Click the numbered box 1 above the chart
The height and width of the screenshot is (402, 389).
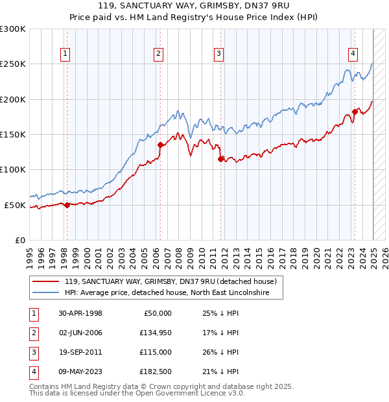pyautogui.click(x=66, y=54)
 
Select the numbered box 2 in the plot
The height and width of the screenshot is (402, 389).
pyautogui.click(x=159, y=54)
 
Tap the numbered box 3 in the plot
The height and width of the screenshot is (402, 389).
pyautogui.click(x=219, y=54)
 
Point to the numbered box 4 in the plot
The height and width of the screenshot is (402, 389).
pyautogui.click(x=353, y=54)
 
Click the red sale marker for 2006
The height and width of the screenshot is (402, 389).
pyautogui.click(x=159, y=145)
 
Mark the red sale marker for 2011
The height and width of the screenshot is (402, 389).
pyautogui.click(x=221, y=159)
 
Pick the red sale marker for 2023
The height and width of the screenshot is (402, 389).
pyautogui.click(x=355, y=112)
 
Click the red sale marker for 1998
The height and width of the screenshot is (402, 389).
pyautogui.click(x=67, y=205)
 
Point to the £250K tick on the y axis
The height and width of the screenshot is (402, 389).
pyautogui.click(x=13, y=64)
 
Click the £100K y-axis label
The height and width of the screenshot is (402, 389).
pyautogui.click(x=13, y=169)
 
